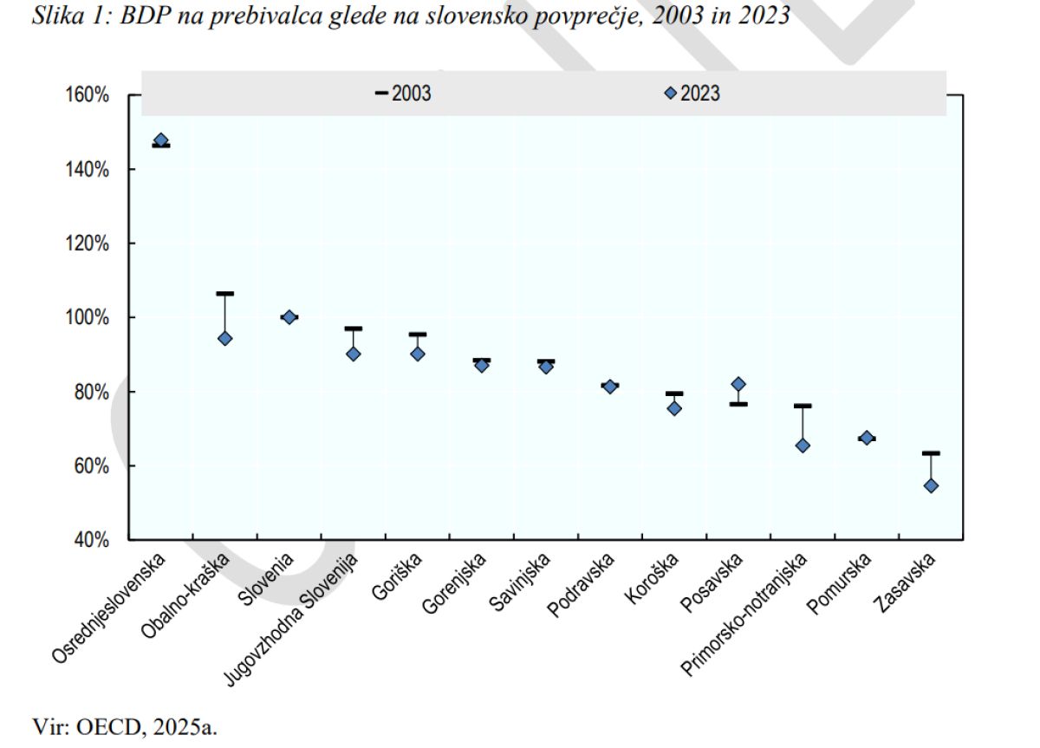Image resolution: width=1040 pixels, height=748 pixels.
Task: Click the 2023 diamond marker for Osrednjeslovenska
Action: click(x=160, y=140)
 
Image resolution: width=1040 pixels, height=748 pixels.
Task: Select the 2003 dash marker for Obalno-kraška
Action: click(x=224, y=294)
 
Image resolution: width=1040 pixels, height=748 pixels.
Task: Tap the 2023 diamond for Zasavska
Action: click(x=931, y=485)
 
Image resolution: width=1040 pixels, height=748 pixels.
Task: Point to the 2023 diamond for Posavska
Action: click(x=738, y=384)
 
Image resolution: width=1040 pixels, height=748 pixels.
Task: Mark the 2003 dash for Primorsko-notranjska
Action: click(x=803, y=406)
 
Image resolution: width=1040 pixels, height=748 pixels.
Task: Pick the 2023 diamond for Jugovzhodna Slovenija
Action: click(x=353, y=354)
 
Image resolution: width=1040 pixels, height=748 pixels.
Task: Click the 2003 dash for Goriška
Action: click(x=417, y=334)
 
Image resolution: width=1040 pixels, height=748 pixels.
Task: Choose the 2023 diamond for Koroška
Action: click(x=674, y=408)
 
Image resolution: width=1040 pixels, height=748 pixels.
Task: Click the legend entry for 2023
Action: click(x=692, y=94)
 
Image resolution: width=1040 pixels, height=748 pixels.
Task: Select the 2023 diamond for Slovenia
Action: click(x=289, y=317)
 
